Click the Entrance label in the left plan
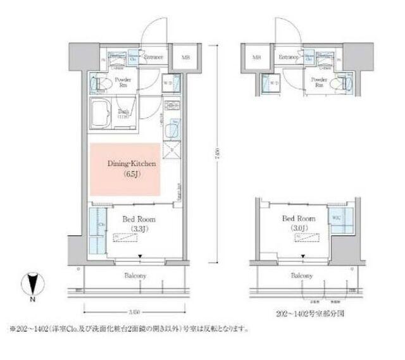[153, 58]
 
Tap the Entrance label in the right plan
[289, 58]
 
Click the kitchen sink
[171, 130]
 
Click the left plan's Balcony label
[134, 276]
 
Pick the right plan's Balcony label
[302, 276]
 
